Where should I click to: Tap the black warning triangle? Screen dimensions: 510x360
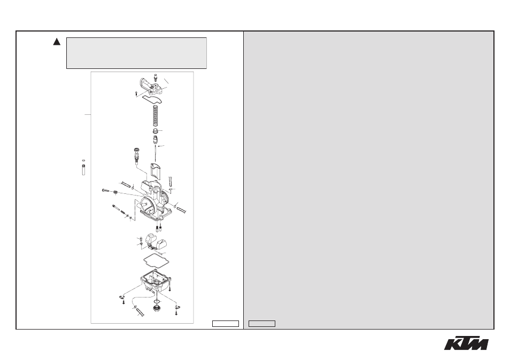coord(57,42)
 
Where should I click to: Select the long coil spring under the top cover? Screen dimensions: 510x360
coord(156,116)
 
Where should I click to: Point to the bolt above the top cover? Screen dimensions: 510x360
coord(155,77)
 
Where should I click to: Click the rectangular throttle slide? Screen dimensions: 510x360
coord(156,171)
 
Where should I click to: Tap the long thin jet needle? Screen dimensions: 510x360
coord(156,153)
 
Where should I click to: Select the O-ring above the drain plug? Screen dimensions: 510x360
coord(157,302)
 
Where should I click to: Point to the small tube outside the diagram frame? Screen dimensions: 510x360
coord(83,170)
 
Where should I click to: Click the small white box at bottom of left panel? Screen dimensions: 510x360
coord(226,324)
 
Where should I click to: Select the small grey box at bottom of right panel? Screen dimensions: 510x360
coord(262,324)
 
